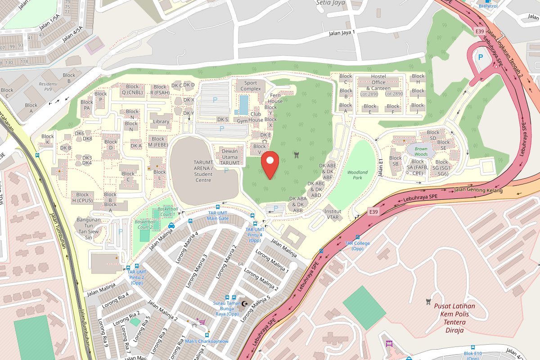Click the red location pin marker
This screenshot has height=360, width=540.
click(270, 165)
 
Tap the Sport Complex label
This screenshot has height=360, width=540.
click(251, 85)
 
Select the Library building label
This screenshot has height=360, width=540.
click(161, 121)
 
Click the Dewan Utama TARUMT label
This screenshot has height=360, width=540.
click(229, 157)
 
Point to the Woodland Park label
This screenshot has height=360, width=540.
click(357, 175)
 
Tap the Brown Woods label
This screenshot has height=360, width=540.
click(421, 152)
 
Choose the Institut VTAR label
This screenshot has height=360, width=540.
click(333, 214)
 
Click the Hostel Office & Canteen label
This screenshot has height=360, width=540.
click(378, 82)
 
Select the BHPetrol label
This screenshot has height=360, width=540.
click(488, 6)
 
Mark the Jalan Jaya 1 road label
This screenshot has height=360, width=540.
click(342, 32)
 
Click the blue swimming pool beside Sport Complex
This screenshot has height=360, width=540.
click(243, 104)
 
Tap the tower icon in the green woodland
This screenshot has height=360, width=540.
click(296, 155)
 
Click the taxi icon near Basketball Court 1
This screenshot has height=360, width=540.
click(171, 226)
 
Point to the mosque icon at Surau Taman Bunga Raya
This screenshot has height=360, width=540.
click(245, 304)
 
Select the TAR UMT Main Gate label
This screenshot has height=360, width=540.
click(218, 216)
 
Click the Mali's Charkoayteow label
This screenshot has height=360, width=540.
click(207, 341)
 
